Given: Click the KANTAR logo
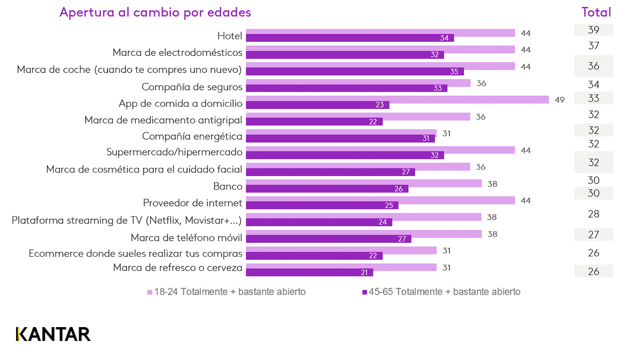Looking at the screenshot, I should (x=53, y=334).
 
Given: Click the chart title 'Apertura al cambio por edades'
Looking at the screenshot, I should (x=155, y=12).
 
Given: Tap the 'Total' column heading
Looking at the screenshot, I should (x=596, y=12).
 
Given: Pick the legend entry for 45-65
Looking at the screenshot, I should (x=441, y=292).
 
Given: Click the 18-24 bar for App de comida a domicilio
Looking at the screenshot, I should (x=397, y=100).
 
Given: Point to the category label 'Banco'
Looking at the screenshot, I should (x=227, y=186).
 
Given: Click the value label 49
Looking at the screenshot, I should (x=560, y=100).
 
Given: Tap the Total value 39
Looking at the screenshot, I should (x=593, y=30).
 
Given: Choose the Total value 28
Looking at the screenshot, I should (x=593, y=214).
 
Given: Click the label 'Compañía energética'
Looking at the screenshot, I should (x=192, y=136).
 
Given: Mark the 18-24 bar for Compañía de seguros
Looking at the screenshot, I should (x=358, y=83).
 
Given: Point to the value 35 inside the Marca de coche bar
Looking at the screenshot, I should (x=454, y=71).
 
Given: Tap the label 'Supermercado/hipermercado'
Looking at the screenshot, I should (x=174, y=152).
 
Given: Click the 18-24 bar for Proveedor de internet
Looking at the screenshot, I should (x=380, y=200).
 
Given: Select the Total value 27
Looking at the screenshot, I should (x=593, y=235).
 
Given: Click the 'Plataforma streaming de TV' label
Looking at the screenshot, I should (x=126, y=221).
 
